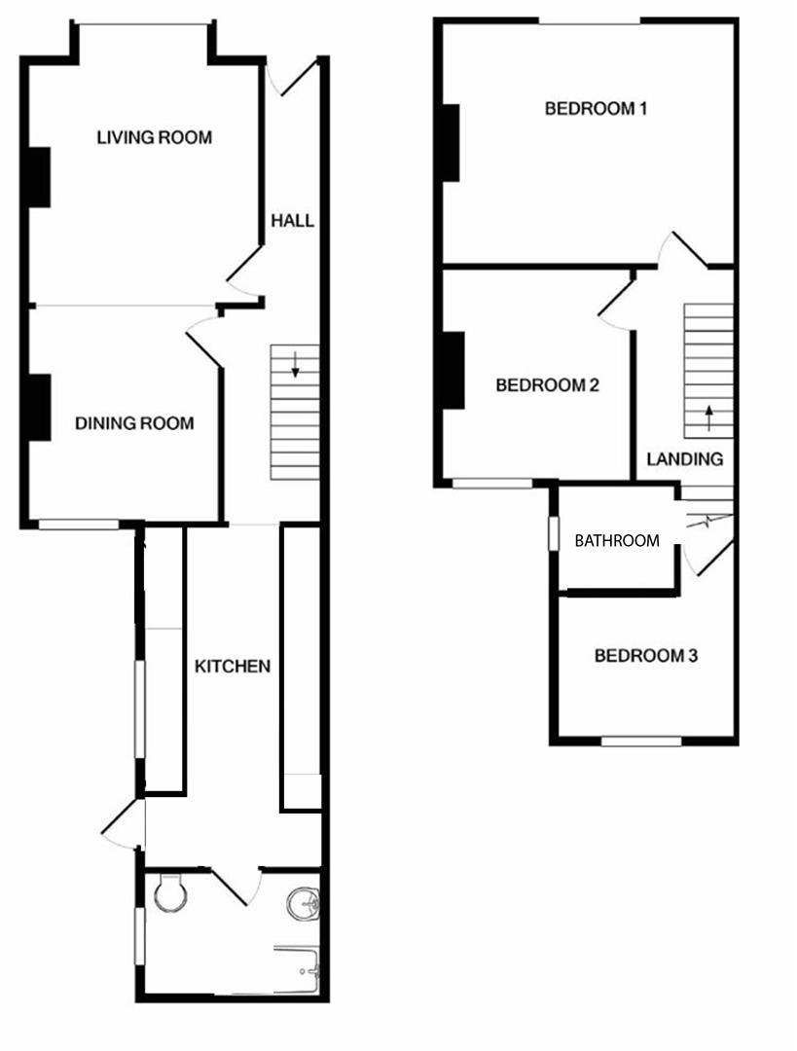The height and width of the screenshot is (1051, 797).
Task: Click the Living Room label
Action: point(154,137)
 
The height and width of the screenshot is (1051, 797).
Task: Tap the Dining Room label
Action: point(134,423)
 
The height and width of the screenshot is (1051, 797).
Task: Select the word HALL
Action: point(292,221)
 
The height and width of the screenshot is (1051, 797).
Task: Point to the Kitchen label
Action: point(233,667)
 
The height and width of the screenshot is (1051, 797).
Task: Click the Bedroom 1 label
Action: point(596,108)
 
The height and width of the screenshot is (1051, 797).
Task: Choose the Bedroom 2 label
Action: point(547,385)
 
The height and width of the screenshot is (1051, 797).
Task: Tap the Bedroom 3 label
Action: point(646,656)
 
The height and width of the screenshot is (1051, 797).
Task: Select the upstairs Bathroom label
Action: point(616,540)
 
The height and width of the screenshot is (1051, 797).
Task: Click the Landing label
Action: point(685,459)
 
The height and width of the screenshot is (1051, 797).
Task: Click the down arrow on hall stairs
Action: point(296,367)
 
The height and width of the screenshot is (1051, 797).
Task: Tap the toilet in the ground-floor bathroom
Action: point(170,891)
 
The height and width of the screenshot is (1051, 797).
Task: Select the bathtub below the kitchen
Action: point(297,969)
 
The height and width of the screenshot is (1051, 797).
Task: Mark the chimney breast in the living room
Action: point(38,177)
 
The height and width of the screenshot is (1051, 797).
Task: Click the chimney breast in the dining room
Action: point(38,407)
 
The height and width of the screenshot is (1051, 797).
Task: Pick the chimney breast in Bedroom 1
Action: point(451,142)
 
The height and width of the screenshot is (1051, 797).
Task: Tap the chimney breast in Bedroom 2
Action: point(453,370)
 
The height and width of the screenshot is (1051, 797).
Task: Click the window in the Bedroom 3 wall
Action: point(640,742)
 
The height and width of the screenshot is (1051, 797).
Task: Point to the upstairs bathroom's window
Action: point(553,534)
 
